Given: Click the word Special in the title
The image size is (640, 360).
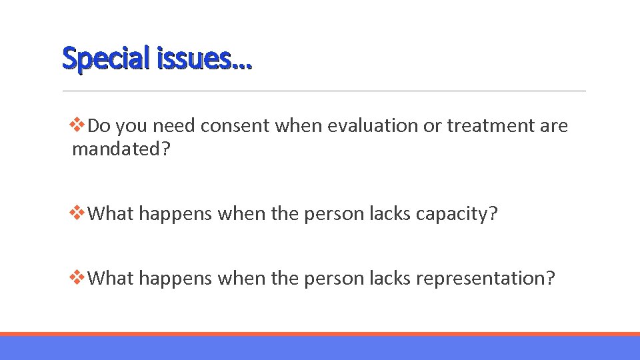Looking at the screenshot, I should point(106,59).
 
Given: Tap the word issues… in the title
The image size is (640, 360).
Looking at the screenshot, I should point(204,59).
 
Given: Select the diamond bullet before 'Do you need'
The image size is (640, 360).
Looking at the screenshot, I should point(78,125).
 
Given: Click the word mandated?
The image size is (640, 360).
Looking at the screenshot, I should point(121,149).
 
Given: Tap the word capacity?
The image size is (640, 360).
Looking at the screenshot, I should point(457,214).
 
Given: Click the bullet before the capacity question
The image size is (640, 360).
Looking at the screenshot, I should point(78,213).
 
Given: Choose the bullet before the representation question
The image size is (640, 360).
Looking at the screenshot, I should point(78,277).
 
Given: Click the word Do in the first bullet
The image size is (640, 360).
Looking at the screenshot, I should point(99,125).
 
